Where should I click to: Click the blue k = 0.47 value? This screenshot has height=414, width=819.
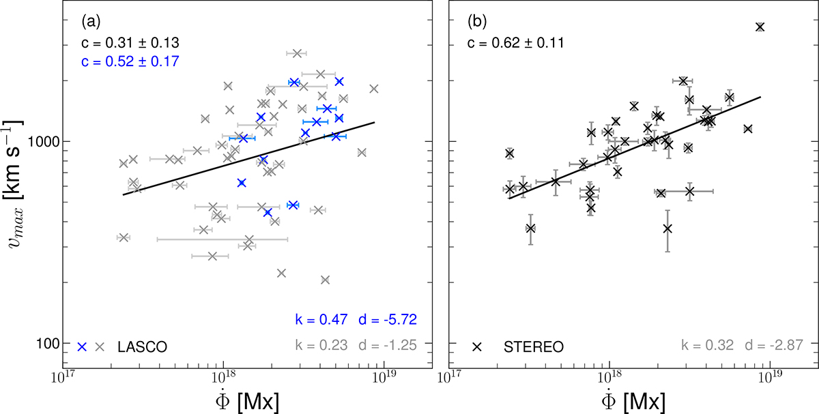click(x=321, y=319)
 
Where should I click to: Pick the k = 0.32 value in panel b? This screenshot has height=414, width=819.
click(x=706, y=346)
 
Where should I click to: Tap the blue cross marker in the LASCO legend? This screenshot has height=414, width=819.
click(x=82, y=346)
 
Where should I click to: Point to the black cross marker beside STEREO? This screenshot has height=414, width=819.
click(x=477, y=346)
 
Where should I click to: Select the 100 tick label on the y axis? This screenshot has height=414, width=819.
click(x=45, y=342)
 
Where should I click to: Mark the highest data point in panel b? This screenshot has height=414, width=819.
click(x=760, y=27)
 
